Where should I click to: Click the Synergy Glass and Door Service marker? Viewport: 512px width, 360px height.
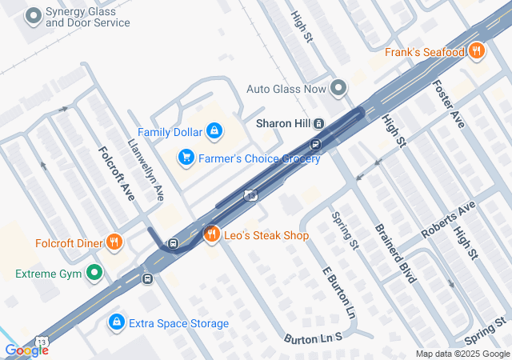click(x=33, y=15)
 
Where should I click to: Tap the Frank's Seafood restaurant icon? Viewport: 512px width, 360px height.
click(x=477, y=51)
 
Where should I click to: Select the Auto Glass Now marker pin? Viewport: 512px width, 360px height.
click(x=338, y=87)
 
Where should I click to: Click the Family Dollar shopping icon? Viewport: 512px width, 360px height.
click(x=214, y=130)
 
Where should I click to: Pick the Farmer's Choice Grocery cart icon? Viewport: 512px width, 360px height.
click(x=186, y=158)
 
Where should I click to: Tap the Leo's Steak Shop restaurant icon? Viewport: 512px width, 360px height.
click(x=212, y=234)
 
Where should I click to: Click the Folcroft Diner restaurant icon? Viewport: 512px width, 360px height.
click(x=114, y=242)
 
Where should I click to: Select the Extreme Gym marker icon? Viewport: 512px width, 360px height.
click(x=95, y=274)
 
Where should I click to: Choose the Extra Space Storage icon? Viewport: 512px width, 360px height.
click(x=116, y=322)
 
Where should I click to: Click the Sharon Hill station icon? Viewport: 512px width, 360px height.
click(x=318, y=124)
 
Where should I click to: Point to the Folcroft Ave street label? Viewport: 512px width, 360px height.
click(x=117, y=173)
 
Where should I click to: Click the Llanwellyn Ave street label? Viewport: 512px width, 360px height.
click(x=146, y=170)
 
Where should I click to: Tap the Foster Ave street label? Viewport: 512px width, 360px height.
click(x=447, y=103)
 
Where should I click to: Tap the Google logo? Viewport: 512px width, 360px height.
click(x=26, y=350)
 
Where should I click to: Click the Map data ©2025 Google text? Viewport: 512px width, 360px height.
click(x=462, y=354)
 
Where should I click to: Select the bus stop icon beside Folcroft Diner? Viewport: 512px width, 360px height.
click(x=173, y=243)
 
